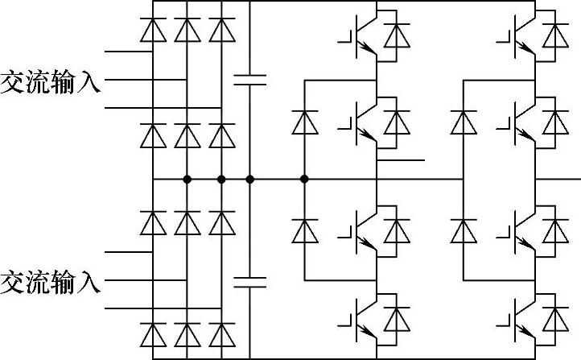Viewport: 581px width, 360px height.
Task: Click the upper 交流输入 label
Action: coord(51,83)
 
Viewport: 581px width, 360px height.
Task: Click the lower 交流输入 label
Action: coord(51,283)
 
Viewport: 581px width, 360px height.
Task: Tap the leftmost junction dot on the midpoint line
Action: coord(187,178)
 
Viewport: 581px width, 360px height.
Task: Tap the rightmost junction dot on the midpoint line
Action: coord(303,178)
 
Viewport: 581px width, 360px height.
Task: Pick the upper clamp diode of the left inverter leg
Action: coord(303,122)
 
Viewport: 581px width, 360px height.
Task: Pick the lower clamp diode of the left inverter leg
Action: coord(303,231)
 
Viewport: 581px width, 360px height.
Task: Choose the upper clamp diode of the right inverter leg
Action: coord(463,122)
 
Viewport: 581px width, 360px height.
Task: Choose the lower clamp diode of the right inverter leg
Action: coord(463,231)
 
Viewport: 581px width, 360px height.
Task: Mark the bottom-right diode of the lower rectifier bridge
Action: coord(220,333)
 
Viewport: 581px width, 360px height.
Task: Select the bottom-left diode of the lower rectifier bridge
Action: coord(152,333)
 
